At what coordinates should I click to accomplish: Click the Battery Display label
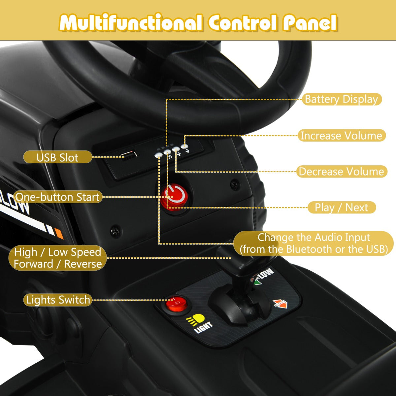point(342,99)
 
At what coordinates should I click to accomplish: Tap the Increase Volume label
point(342,135)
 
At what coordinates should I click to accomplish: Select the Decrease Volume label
point(342,171)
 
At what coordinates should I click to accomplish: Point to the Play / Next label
point(342,207)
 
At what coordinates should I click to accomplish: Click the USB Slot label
point(57,157)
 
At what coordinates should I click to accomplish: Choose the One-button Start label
point(57,197)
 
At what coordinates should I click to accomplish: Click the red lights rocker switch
point(177,303)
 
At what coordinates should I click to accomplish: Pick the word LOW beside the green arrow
point(267,273)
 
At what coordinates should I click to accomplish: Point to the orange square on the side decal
point(59,234)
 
